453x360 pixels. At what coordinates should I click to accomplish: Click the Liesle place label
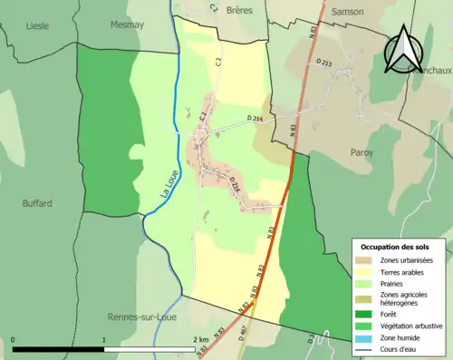[38, 26]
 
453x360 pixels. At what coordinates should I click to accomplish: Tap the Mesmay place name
[126, 26]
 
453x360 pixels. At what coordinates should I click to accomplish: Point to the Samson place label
[348, 10]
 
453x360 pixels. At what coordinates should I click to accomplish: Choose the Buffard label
[37, 203]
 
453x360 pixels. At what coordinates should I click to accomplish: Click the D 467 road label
[242, 331]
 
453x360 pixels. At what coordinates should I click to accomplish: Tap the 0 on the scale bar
[14, 339]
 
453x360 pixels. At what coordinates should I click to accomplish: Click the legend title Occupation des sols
[394, 247]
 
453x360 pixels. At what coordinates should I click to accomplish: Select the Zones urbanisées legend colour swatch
[364, 261]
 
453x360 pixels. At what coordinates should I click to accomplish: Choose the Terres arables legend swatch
[364, 273]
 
